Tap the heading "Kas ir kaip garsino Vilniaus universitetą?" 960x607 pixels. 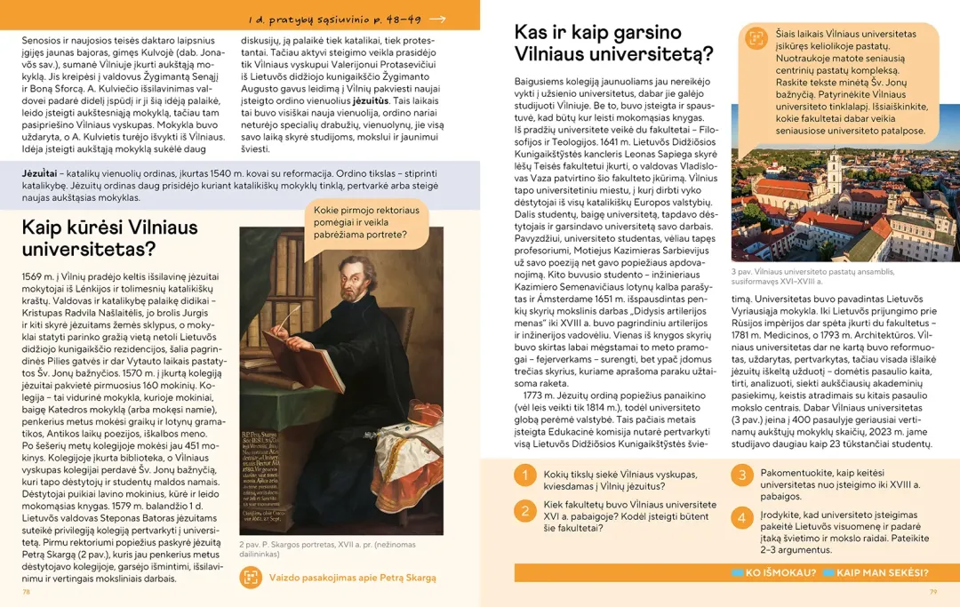614,43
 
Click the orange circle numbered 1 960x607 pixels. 524,476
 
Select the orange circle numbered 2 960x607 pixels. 524,511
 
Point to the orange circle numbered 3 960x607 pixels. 742,475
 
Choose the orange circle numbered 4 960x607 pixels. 742,518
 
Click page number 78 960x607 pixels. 27,591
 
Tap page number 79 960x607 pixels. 933,591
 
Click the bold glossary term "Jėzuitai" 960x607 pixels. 39,172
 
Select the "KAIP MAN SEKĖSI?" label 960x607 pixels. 882,572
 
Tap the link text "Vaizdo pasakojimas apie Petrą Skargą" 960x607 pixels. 353,578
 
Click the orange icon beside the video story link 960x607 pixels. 251,577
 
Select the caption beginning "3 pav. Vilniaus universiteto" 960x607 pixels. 813,276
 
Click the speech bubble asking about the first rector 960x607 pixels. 365,222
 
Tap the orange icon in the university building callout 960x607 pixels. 755,38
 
